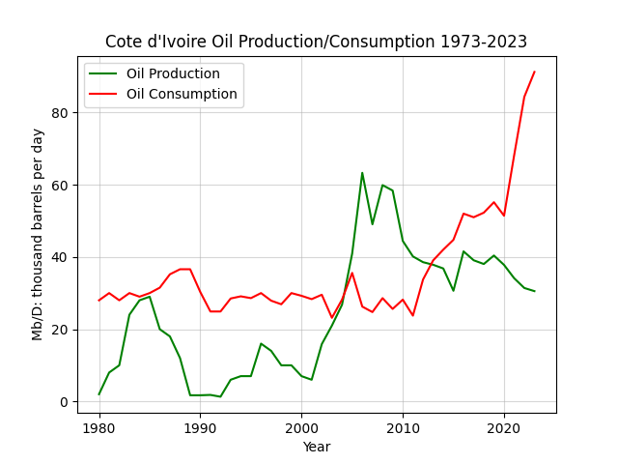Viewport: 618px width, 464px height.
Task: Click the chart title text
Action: (316, 42)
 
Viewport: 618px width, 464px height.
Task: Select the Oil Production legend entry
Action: (154, 73)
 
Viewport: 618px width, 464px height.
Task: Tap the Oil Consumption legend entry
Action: (163, 94)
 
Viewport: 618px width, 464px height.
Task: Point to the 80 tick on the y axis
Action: (60, 113)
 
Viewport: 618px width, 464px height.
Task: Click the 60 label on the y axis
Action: (60, 185)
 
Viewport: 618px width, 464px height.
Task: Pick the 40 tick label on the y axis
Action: (60, 258)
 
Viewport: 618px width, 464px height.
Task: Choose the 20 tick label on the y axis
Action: (60, 330)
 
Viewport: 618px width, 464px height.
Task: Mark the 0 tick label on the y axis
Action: (64, 402)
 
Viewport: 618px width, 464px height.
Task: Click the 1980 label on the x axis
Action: (98, 427)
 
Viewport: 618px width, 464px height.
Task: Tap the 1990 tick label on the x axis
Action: (200, 427)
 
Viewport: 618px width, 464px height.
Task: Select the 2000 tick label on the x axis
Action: (301, 427)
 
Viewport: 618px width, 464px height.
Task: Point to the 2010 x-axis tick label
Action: (403, 427)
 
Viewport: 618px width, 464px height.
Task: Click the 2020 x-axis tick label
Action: (504, 427)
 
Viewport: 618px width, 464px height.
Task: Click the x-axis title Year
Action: (317, 447)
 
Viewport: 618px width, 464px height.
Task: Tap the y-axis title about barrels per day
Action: (37, 235)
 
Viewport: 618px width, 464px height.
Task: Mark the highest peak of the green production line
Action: (362, 173)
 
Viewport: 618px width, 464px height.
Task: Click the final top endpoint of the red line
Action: (534, 72)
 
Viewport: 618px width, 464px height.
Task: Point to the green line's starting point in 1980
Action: (98, 394)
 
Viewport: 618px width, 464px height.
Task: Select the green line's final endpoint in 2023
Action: (534, 291)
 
